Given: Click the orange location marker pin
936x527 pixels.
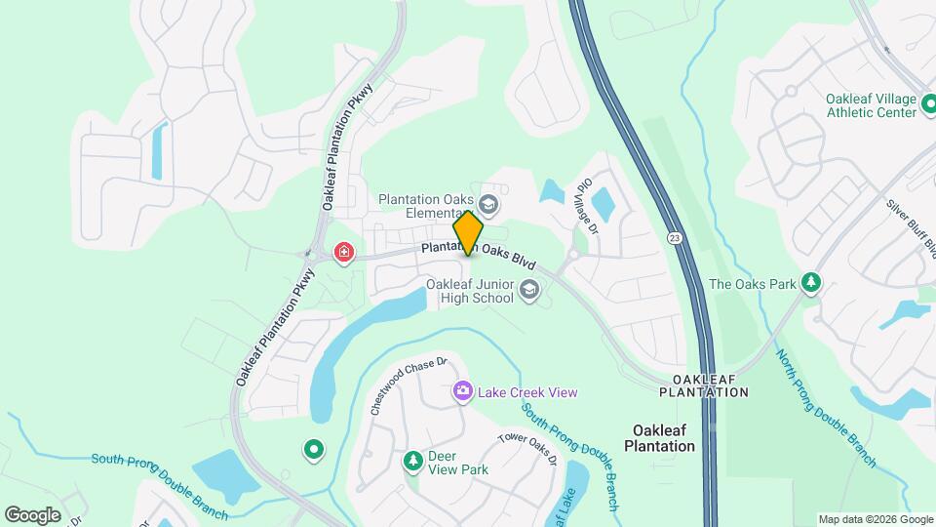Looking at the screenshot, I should tap(468, 232).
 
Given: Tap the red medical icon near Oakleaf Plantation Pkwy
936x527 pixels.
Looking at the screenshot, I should tap(343, 254).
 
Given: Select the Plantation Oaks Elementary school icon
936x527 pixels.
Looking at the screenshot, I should tap(488, 205).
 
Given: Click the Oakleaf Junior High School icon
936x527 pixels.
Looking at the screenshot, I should tap(529, 289).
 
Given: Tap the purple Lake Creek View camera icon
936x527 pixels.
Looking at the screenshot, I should tap(462, 392).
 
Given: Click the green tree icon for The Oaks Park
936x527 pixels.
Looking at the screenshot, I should tap(810, 284).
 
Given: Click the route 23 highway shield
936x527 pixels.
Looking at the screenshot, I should tap(675, 237).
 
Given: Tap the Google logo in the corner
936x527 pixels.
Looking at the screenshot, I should tap(32, 514).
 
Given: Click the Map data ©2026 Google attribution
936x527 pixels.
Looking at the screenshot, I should tap(875, 519).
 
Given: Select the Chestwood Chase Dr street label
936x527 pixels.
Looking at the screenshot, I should tap(408, 386).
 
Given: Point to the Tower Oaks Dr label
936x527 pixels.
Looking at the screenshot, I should tap(526, 450).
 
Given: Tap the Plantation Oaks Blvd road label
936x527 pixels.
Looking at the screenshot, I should tap(480, 253).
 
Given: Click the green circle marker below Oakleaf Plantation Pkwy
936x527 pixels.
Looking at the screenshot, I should tap(314, 450).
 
